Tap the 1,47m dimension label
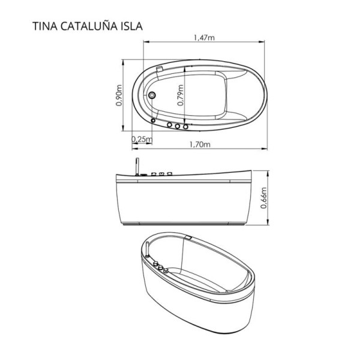(205, 38)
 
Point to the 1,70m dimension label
(199, 145)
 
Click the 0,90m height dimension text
(119, 95)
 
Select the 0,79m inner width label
(181, 95)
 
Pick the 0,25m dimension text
(141, 139)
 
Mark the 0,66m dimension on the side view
(264, 197)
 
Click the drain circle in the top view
(152, 95)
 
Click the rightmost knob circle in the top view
(186, 127)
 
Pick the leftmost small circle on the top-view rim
(154, 121)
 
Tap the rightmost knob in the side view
(170, 174)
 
